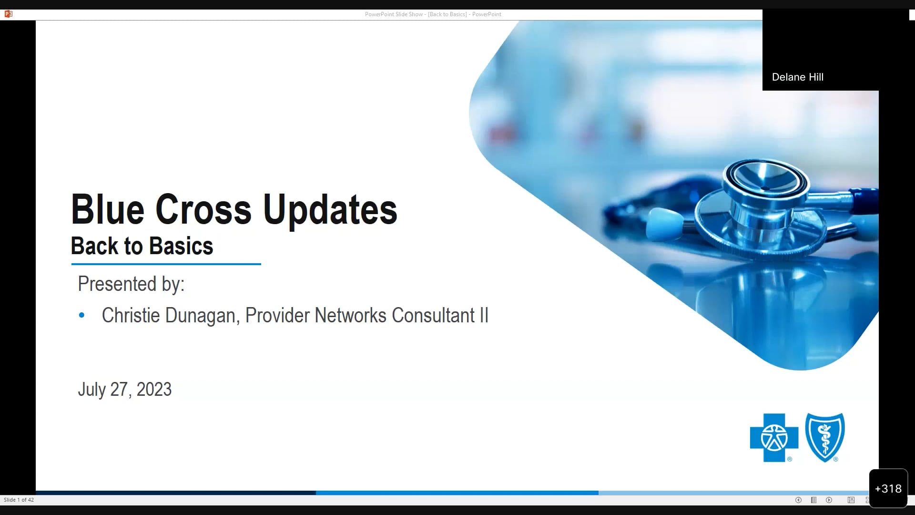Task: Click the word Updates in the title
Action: tap(330, 210)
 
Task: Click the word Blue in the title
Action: tap(107, 210)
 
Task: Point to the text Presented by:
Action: tap(131, 284)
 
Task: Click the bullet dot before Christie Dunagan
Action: tap(81, 315)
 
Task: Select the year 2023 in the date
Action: tap(154, 390)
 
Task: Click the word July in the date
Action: tap(91, 390)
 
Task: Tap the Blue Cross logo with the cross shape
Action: tap(774, 437)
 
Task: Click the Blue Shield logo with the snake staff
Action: tap(825, 437)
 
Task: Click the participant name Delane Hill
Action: tap(797, 77)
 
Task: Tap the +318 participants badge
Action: tap(888, 489)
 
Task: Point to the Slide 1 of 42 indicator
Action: tap(19, 500)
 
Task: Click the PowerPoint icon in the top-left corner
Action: tap(8, 14)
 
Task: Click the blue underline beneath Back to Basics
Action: tap(166, 264)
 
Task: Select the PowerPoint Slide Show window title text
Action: tap(433, 14)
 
